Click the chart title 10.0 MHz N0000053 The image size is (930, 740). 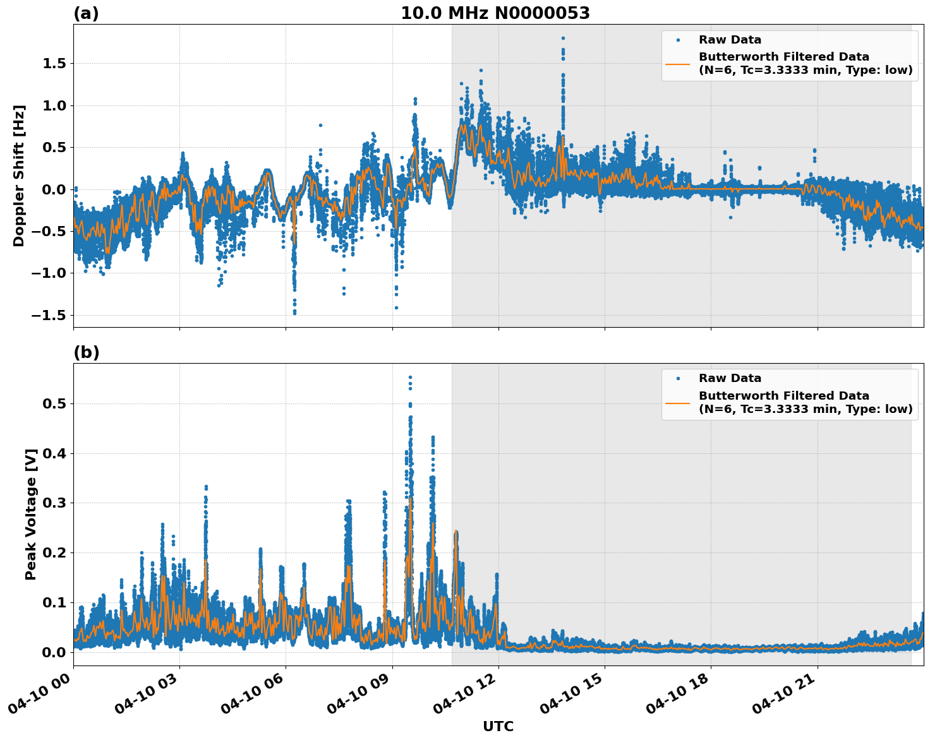[495, 13]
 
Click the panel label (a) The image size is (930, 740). [86, 13]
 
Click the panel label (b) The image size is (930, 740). [87, 352]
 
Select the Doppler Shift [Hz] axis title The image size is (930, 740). [19, 176]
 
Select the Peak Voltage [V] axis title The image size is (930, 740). [31, 514]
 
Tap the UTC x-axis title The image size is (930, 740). [498, 726]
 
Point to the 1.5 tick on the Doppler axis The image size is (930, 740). [55, 64]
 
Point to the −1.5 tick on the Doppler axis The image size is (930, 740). [50, 315]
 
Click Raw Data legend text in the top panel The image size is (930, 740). [730, 40]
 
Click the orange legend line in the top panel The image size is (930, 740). [677, 64]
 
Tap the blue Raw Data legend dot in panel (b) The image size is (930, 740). [677, 379]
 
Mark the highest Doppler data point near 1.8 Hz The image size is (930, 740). [563, 38]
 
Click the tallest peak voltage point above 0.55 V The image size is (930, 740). [410, 377]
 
